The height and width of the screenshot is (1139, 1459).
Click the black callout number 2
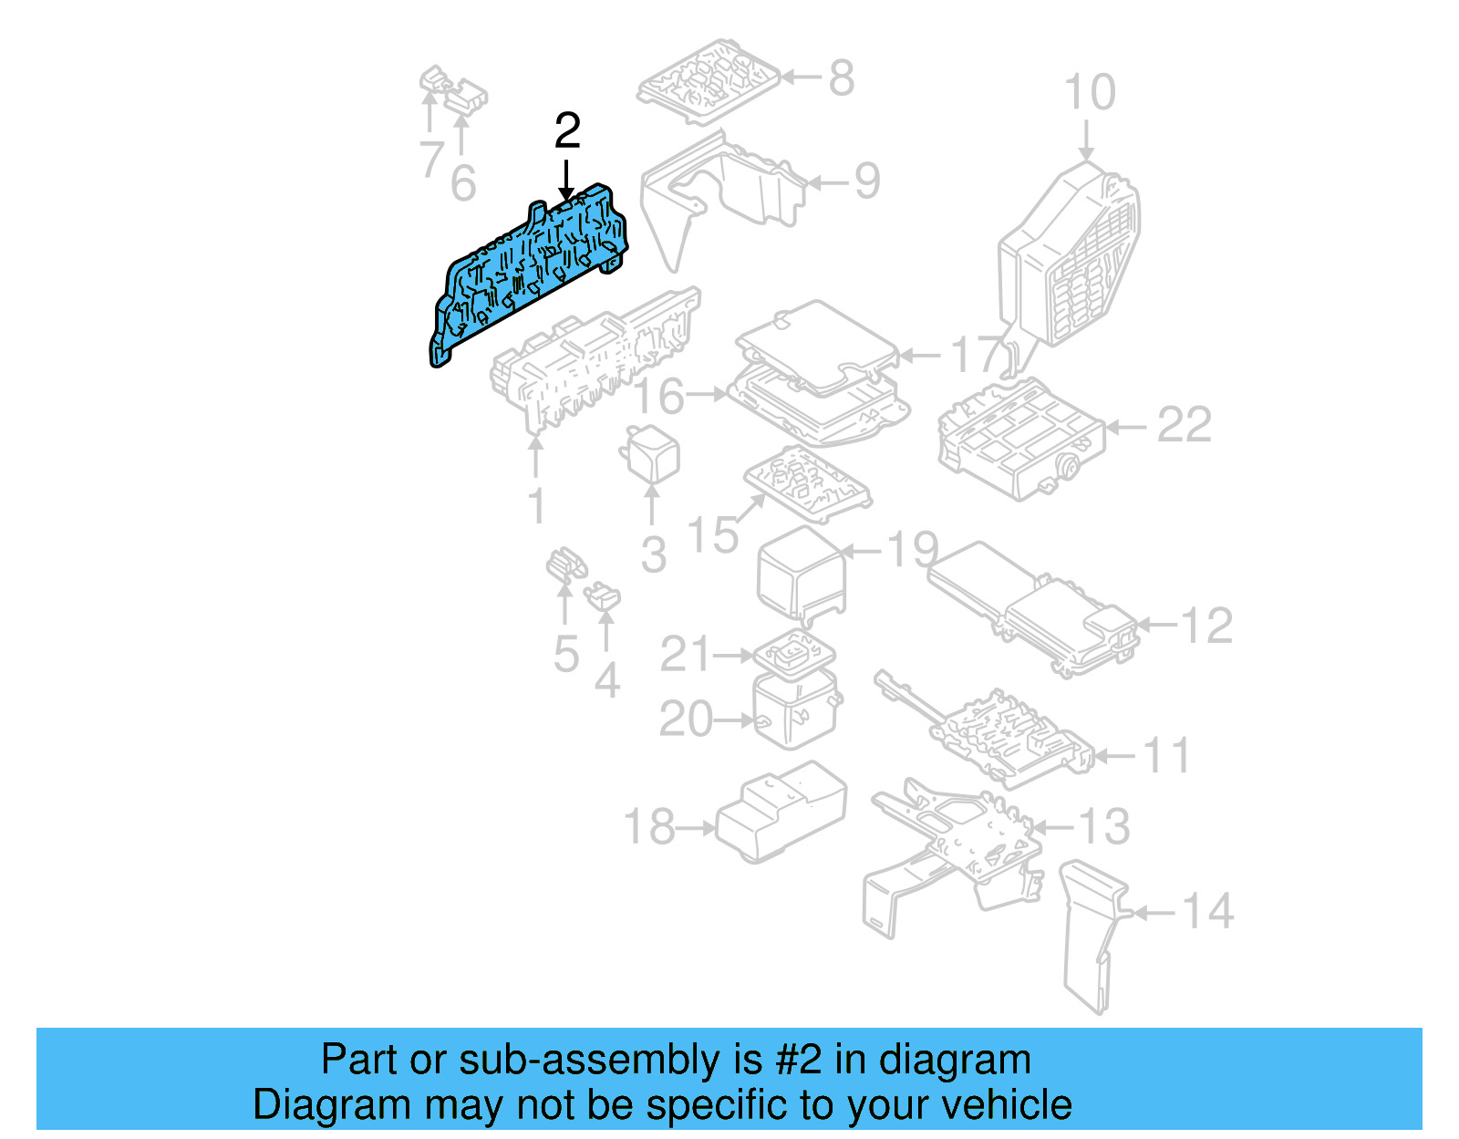point(567,132)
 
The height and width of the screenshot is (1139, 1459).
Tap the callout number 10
point(1089,93)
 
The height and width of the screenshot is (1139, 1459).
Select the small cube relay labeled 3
point(651,453)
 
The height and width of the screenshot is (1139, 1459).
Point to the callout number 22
point(1184,426)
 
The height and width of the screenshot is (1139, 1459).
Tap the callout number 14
point(1207,911)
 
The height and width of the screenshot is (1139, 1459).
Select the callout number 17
point(976,355)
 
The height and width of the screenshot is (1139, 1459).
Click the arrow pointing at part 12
point(1156,625)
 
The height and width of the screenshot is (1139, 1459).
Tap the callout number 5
point(565,654)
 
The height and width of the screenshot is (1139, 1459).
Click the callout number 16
point(659,396)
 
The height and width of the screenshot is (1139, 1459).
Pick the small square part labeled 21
point(794,653)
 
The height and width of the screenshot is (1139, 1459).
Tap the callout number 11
point(1166,756)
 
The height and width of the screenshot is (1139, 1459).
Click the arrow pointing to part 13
point(1052,827)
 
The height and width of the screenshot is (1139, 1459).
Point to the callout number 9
point(866,181)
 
